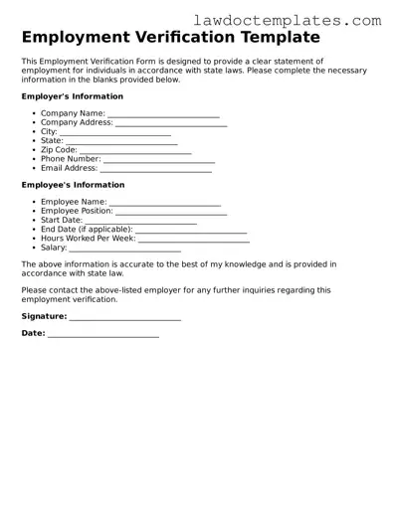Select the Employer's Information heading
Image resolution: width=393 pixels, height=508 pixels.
click(x=72, y=96)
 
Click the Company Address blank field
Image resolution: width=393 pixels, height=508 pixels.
click(x=171, y=123)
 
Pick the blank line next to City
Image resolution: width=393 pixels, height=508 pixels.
click(x=115, y=132)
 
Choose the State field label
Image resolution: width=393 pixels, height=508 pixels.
click(x=51, y=141)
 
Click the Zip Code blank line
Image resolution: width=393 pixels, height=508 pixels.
click(x=135, y=150)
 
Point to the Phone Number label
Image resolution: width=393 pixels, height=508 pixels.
click(x=71, y=159)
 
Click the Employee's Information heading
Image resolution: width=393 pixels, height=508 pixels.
click(x=73, y=185)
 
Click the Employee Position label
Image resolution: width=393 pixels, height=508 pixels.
click(x=77, y=212)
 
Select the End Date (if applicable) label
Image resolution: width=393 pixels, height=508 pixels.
click(x=86, y=230)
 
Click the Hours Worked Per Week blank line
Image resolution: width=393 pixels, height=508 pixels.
click(x=193, y=239)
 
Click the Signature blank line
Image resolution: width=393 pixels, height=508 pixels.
click(x=124, y=317)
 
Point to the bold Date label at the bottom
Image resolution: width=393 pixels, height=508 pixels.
click(x=33, y=334)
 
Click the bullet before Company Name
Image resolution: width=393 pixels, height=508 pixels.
click(x=34, y=114)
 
